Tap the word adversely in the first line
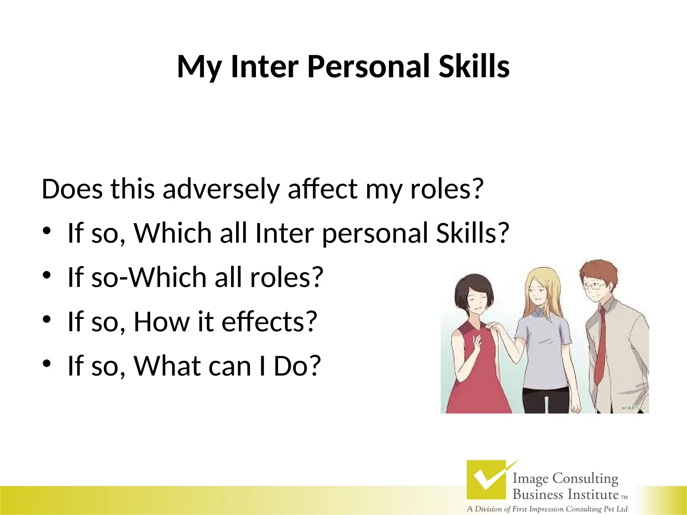[221, 189]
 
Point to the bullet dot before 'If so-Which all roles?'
[47, 275]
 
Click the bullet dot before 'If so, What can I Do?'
[47, 363]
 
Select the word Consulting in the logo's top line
[585, 479]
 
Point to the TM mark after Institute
[624, 498]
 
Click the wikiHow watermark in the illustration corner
[632, 408]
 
